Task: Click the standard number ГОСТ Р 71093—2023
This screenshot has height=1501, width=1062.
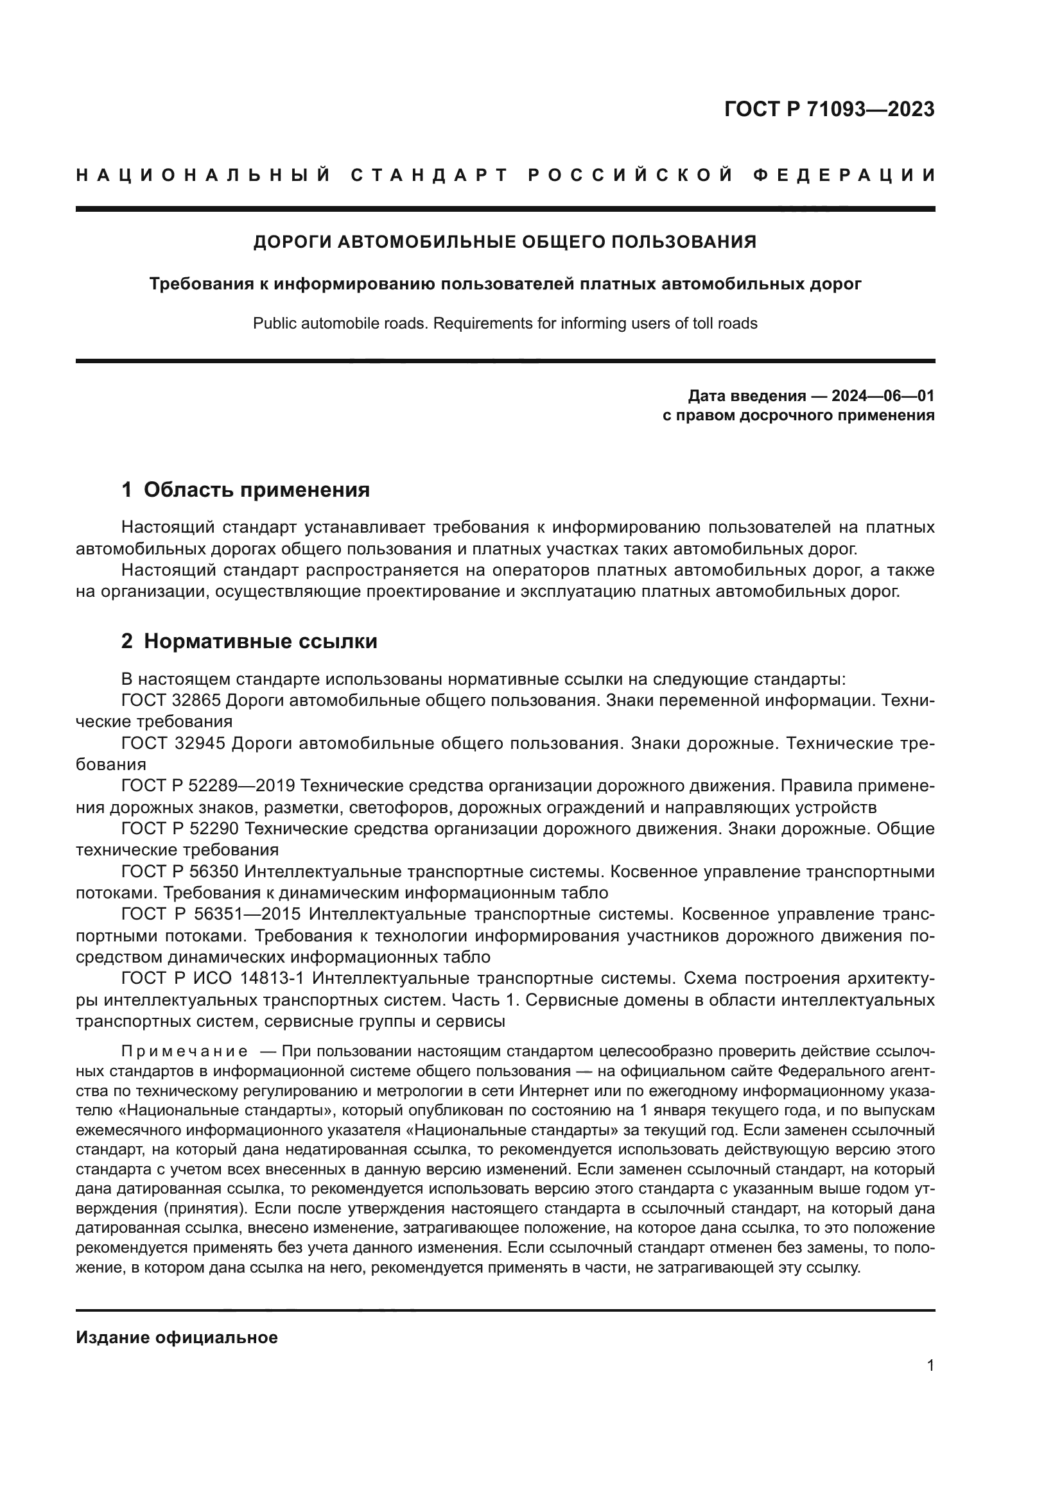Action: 829,109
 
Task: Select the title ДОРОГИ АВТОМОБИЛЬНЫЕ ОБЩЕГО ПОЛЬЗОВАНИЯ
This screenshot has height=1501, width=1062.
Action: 504,242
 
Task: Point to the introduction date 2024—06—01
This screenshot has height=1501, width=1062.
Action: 883,395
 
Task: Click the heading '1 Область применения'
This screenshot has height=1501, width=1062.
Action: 245,489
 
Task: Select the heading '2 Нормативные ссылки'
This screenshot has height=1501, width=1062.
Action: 249,641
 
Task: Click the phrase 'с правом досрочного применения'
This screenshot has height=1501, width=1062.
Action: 798,415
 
